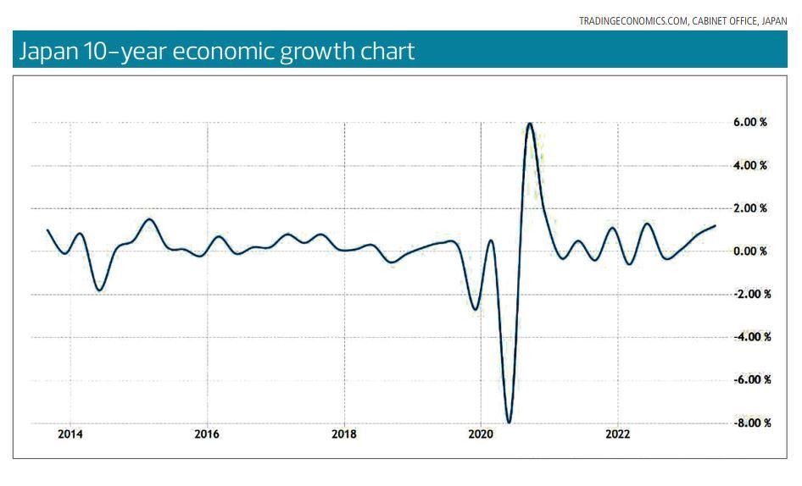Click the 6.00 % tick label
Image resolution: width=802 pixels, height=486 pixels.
pos(750,122)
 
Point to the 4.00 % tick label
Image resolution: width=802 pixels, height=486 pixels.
pos(750,165)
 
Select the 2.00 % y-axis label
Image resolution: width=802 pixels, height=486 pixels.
pos(750,208)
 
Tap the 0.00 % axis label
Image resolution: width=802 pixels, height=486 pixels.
pos(750,251)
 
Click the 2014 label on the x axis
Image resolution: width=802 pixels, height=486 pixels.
pos(70,434)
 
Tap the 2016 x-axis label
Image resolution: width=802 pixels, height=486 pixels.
pos(207,434)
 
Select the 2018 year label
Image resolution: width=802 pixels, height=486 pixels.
pos(344,434)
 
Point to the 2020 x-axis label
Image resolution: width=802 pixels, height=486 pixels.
pos(481,434)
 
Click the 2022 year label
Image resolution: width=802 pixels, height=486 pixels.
pos(618,434)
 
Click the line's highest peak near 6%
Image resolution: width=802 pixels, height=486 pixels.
pos(530,124)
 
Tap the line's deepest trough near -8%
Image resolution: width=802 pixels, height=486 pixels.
pos(509,422)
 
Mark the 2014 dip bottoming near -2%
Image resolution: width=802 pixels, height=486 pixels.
pos(99,290)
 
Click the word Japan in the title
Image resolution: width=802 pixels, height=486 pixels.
pos(46,51)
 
